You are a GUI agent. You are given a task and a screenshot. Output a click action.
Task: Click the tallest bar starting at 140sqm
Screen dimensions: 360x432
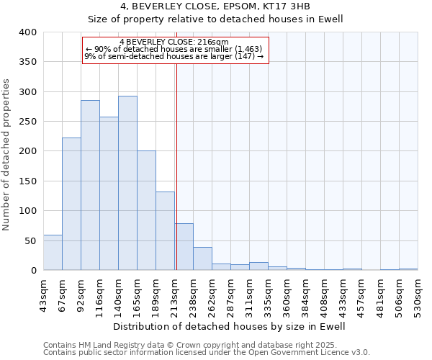tap(127, 184)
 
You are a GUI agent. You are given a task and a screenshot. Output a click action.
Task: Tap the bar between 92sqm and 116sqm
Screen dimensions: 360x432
tap(90, 186)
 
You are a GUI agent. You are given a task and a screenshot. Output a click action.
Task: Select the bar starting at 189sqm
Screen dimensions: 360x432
tap(165, 231)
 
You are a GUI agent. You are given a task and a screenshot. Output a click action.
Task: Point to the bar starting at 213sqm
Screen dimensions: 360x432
tap(184, 247)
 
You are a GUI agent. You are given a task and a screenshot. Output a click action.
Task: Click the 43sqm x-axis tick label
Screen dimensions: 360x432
tap(43, 294)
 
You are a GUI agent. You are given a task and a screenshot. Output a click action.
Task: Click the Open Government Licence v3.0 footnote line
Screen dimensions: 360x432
tap(207, 352)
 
